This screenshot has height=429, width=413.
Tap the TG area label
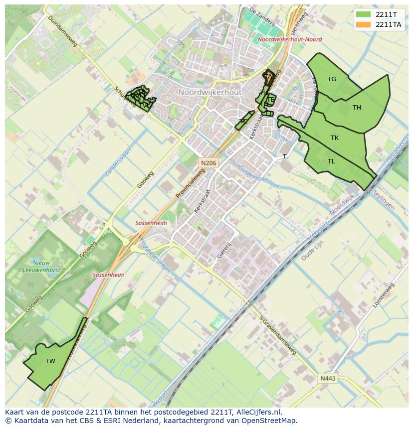[332, 79]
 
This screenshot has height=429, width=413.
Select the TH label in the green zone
[357, 108]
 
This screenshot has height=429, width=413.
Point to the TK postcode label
[335, 138]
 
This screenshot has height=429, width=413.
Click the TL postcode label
[331, 161]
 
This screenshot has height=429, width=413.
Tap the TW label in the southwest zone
[50, 361]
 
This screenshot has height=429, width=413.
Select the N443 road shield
[328, 378]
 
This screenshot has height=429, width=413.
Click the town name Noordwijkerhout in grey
[209, 93]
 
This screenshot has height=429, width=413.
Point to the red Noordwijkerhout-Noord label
[290, 39]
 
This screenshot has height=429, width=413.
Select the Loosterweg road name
[384, 295]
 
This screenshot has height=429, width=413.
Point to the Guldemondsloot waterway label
[257, 175]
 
